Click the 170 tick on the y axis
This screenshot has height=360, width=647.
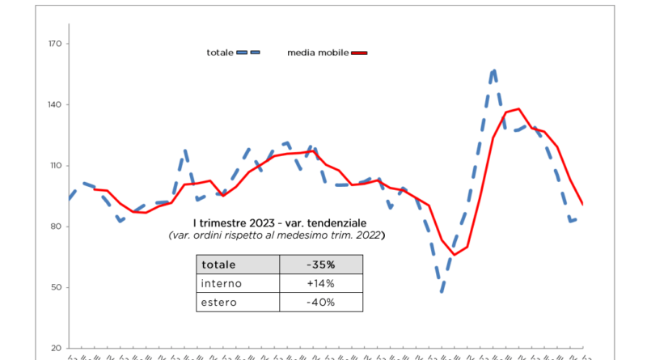pyautogui.click(x=54, y=44)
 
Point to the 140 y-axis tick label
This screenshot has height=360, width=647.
pyautogui.click(x=54, y=105)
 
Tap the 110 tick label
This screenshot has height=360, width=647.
pyautogui.click(x=54, y=166)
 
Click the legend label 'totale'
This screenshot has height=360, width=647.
pyautogui.click(x=220, y=53)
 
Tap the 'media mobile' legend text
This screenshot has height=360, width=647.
pyautogui.click(x=318, y=53)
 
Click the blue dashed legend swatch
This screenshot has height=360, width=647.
pyautogui.click(x=248, y=53)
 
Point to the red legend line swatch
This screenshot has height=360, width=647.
pyautogui.click(x=359, y=53)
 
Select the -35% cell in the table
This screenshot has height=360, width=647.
pyautogui.click(x=320, y=265)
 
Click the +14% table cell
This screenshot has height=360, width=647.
pyautogui.click(x=320, y=283)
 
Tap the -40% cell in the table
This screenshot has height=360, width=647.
pyautogui.click(x=320, y=303)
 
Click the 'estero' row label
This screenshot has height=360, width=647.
pyautogui.click(x=219, y=303)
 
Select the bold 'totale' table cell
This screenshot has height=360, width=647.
pyautogui.click(x=220, y=265)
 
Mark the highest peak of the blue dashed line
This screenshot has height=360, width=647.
pyautogui.click(x=494, y=70)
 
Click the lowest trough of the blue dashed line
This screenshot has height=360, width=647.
pyautogui.click(x=442, y=291)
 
